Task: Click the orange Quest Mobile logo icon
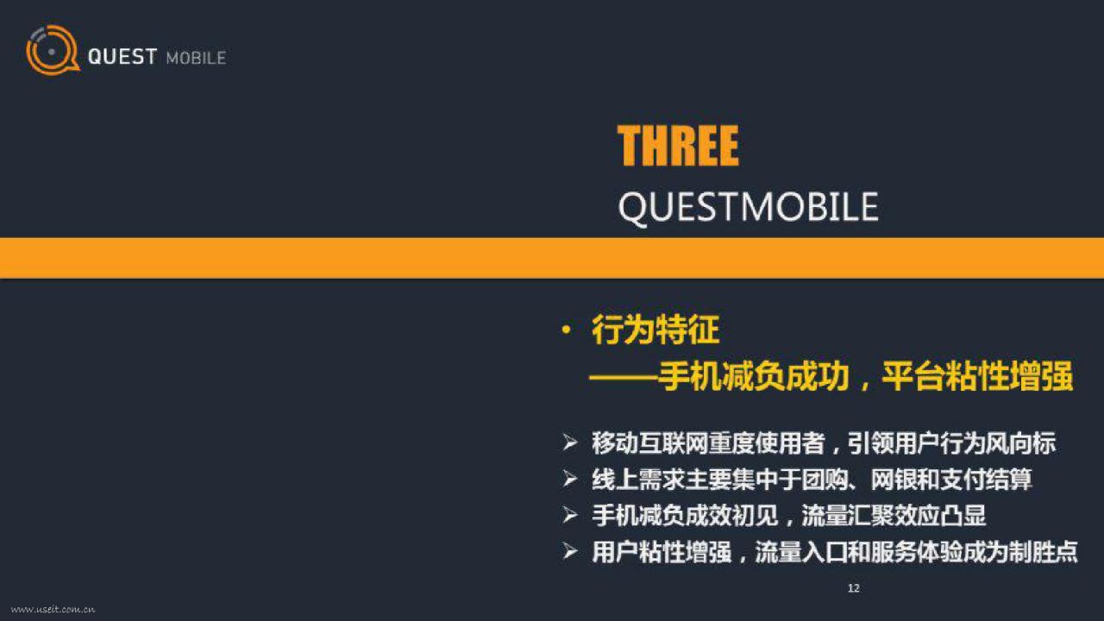click(53, 50)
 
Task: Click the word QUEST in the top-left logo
click(122, 57)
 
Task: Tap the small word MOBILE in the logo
click(196, 58)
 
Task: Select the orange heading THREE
click(678, 146)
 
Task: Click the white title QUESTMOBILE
click(748, 208)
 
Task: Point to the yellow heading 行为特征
click(655, 329)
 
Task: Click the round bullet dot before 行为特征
click(567, 329)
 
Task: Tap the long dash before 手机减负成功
click(623, 378)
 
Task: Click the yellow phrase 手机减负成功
click(754, 377)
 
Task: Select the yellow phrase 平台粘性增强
click(977, 377)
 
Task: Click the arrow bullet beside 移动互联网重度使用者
click(570, 442)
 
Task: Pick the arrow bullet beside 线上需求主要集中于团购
click(570, 479)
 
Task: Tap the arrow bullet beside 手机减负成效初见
click(570, 516)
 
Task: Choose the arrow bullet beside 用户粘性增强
click(570, 552)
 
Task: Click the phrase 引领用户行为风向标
click(951, 443)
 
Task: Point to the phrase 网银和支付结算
click(951, 480)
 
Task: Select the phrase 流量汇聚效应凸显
click(894, 516)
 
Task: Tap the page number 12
click(854, 588)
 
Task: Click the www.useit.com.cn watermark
click(53, 610)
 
